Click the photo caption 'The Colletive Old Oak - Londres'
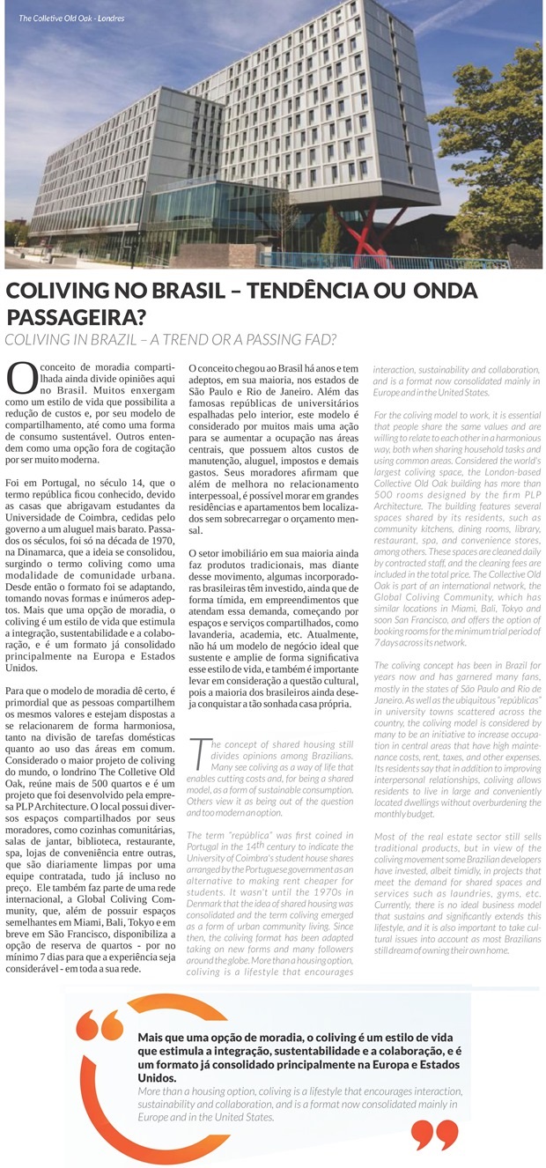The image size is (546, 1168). click(x=71, y=18)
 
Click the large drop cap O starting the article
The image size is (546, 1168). click(x=20, y=377)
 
